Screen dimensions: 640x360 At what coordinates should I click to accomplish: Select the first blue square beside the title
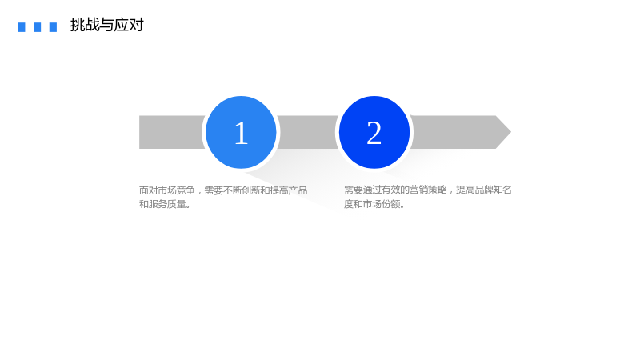[x=22, y=27]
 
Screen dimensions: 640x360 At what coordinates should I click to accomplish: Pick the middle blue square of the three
[x=37, y=27]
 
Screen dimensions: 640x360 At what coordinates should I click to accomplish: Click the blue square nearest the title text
[x=53, y=27]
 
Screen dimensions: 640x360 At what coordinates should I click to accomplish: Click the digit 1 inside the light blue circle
[x=242, y=133]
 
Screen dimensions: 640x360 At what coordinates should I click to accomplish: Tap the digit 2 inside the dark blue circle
[x=374, y=133]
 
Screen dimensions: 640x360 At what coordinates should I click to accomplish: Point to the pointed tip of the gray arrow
[x=510, y=132]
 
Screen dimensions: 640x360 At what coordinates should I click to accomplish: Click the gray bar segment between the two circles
[x=308, y=132]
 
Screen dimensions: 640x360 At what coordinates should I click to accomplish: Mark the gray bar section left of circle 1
[x=172, y=132]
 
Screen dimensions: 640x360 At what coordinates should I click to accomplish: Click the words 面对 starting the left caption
[x=149, y=190]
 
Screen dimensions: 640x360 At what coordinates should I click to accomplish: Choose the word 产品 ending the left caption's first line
[x=298, y=190]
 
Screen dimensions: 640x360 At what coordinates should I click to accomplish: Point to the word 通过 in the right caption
[x=372, y=190]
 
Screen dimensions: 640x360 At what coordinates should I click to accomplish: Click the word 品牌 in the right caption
[x=484, y=190]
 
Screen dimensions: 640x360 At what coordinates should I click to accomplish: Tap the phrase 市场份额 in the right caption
[x=382, y=204]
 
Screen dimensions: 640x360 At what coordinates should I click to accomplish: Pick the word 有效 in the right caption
[x=391, y=190]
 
